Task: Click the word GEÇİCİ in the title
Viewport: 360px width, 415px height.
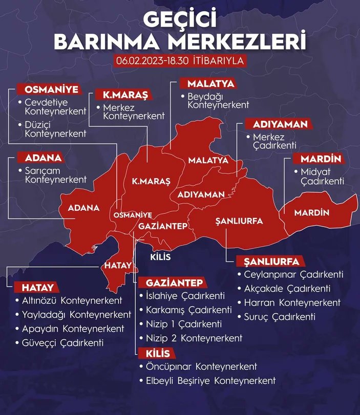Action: (x=180, y=20)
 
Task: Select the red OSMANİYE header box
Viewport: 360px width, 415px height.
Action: (x=50, y=90)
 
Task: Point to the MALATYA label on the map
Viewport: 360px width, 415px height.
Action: (x=208, y=160)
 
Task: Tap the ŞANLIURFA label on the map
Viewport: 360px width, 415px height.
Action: (x=239, y=221)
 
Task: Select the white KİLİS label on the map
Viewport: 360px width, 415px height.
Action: (x=160, y=257)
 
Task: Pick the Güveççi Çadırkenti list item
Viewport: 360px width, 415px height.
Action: (x=63, y=342)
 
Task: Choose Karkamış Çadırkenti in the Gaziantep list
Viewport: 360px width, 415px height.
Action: (x=182, y=310)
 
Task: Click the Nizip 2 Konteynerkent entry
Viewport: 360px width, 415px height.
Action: (x=190, y=338)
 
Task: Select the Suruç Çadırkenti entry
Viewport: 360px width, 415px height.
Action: (x=280, y=316)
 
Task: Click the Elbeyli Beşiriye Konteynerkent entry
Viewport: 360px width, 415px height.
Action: (x=207, y=380)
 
